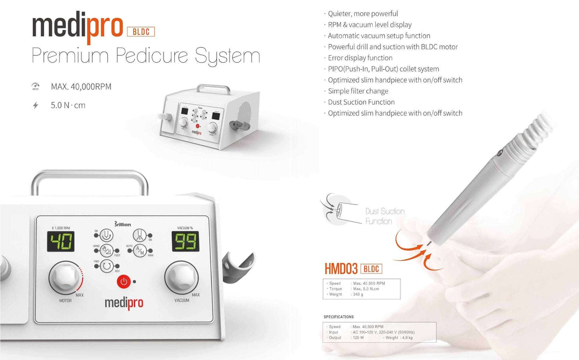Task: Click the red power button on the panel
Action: click(x=123, y=281)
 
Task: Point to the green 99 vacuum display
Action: click(x=185, y=242)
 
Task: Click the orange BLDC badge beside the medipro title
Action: click(x=140, y=32)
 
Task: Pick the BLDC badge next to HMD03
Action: click(x=372, y=269)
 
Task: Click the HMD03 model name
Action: click(x=341, y=269)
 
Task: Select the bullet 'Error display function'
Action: click(x=360, y=58)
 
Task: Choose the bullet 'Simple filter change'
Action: click(x=358, y=91)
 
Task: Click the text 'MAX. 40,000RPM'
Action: click(x=81, y=86)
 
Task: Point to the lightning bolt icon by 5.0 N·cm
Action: click(x=35, y=105)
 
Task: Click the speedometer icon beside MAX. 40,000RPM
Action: click(x=35, y=86)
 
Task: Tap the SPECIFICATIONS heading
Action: click(x=339, y=317)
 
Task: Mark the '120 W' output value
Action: click(x=359, y=337)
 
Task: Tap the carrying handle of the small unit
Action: click(x=213, y=88)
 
